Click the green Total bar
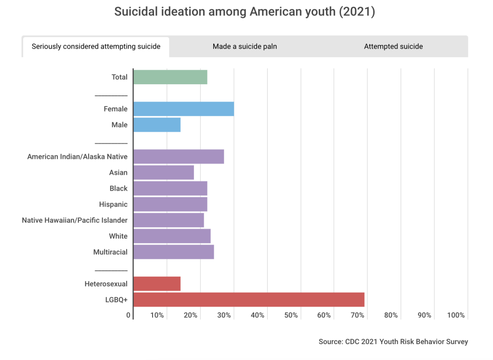pyautogui.click(x=170, y=77)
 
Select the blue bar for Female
pyautogui.click(x=183, y=109)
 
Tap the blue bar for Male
pyautogui.click(x=156, y=125)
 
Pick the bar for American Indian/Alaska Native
pyautogui.click(x=178, y=156)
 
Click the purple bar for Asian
pyautogui.click(x=163, y=172)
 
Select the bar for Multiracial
pyautogui.click(x=173, y=252)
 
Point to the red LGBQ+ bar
pyautogui.click(x=248, y=299)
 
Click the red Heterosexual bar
pyautogui.click(x=156, y=284)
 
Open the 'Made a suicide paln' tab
pyautogui.click(x=245, y=47)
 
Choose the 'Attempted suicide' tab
pyautogui.click(x=393, y=47)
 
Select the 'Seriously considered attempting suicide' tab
pyautogui.click(x=96, y=47)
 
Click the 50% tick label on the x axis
pyautogui.click(x=291, y=315)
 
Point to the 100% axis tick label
pyautogui.click(x=456, y=315)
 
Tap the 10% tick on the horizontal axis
pyautogui.click(x=157, y=315)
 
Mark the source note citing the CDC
pyautogui.click(x=393, y=342)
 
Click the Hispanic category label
pyautogui.click(x=113, y=204)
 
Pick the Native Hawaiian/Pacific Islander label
pyautogui.click(x=75, y=220)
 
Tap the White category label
pyautogui.click(x=118, y=236)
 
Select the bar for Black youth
pyautogui.click(x=170, y=188)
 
